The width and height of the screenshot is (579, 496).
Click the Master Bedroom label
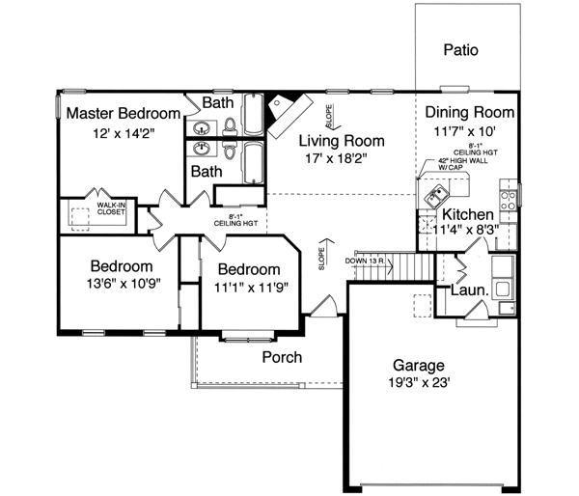pyautogui.click(x=124, y=113)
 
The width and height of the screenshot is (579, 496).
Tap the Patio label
pyautogui.click(x=461, y=49)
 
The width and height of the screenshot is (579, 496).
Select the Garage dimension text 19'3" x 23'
pyautogui.click(x=419, y=383)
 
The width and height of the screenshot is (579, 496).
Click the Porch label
pyautogui.click(x=283, y=357)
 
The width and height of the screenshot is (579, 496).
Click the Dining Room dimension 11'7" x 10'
pyautogui.click(x=470, y=131)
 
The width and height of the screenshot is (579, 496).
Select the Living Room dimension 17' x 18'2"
pyautogui.click(x=336, y=157)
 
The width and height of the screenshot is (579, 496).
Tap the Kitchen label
pyautogui.click(x=469, y=214)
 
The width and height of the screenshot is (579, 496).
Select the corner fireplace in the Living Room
pyautogui.click(x=288, y=109)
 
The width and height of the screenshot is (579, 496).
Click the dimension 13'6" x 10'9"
pyautogui.click(x=122, y=285)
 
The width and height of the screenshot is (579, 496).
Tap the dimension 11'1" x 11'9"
pyautogui.click(x=249, y=287)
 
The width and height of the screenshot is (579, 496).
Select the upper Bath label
pyautogui.click(x=216, y=101)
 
